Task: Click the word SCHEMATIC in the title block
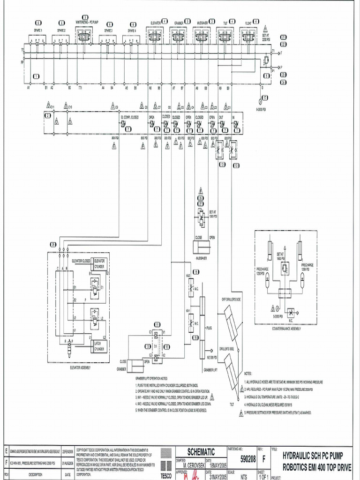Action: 201,452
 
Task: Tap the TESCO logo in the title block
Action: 166,464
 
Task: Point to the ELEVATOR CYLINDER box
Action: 100,263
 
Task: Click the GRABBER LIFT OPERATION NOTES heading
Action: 151,378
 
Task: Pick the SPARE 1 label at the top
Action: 38,30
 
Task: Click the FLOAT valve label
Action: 248,22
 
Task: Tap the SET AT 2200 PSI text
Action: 266,37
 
